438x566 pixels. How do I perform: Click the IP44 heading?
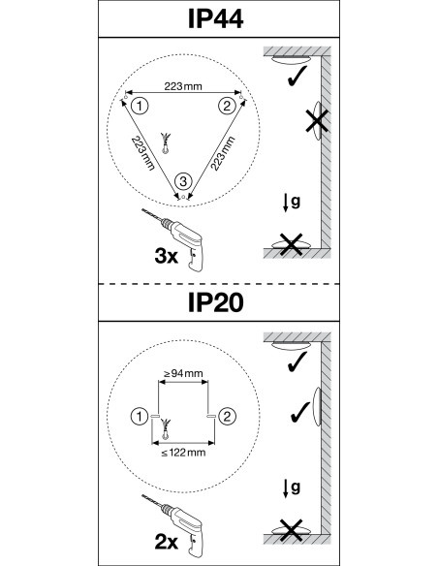215,18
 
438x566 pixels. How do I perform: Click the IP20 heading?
215,302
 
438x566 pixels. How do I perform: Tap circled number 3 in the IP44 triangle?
183,181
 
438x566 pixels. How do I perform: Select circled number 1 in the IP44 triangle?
140,107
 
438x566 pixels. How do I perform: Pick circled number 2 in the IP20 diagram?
227,417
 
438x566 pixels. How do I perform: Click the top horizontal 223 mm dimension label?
183,86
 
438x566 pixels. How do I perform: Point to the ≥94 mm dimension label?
183,373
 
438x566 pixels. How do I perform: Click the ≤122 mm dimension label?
183,453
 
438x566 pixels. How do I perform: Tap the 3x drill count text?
167,256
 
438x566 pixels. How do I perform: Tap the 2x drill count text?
167,542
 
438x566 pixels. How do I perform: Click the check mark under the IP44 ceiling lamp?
297,76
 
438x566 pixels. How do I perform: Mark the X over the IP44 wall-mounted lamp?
317,120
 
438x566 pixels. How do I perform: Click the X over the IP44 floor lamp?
291,244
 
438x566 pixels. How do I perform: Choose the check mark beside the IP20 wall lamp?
300,412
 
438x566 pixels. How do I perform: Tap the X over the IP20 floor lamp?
291,530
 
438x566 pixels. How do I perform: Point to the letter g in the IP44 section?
296,202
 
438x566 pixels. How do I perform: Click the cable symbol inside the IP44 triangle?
166,143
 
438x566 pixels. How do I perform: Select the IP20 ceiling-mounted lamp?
291,346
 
